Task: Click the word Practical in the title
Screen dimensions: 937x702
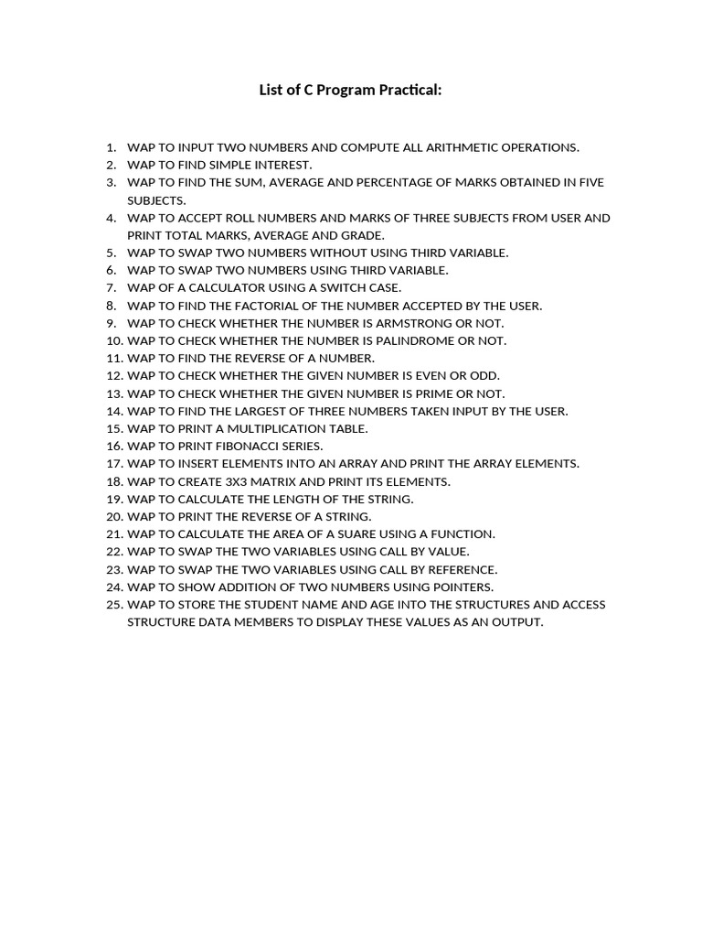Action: tap(409, 91)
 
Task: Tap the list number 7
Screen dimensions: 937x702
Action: tap(112, 287)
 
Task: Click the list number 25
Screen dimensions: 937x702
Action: tap(113, 604)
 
